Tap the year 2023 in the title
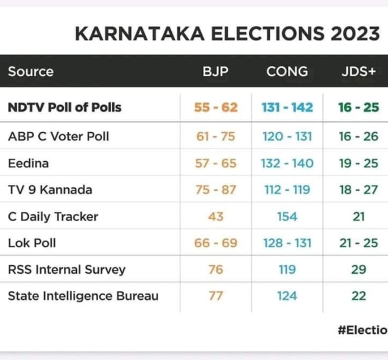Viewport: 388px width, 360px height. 354,34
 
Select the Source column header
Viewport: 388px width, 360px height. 31,72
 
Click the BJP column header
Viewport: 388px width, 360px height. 216,72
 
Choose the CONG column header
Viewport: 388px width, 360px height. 287,72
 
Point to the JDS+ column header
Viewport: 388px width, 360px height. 358,72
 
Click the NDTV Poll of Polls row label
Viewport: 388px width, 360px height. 65,107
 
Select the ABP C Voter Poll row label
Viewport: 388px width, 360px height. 59,137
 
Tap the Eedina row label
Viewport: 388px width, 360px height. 29,163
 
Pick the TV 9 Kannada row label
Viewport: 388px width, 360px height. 50,190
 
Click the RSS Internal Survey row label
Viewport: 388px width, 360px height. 67,270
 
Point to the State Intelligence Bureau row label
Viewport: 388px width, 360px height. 83,296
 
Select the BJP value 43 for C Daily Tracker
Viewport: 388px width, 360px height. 216,217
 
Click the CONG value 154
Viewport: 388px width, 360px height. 287,217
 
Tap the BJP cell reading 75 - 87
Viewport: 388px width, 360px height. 216,190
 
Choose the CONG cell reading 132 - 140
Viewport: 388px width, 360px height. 287,163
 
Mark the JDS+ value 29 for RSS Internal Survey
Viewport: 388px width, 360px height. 358,270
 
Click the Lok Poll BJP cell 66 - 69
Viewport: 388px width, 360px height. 216,243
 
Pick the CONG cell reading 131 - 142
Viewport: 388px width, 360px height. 287,107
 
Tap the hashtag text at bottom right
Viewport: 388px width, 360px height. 362,330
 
